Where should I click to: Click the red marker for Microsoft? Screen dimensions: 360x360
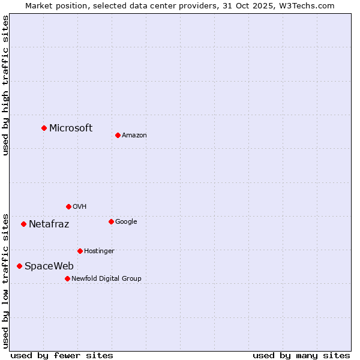click(44, 128)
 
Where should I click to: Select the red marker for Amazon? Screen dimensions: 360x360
click(118, 135)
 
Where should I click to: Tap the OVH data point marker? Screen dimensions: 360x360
click(68, 206)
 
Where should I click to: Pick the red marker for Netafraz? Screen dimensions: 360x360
click(23, 224)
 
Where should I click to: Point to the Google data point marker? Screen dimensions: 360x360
click(111, 221)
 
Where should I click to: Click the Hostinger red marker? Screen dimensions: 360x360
click(80, 251)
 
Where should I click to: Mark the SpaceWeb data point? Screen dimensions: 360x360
click(19, 266)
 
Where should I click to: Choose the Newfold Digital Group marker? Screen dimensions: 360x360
click(67, 278)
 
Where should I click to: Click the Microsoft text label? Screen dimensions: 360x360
click(71, 128)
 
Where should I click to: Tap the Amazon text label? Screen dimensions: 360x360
click(134, 136)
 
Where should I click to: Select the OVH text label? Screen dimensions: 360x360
click(80, 207)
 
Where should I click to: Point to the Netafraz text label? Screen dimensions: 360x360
click(49, 224)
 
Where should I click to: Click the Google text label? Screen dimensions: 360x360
click(126, 222)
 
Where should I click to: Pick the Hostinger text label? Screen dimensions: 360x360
click(99, 251)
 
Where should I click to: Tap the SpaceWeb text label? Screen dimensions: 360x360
click(49, 266)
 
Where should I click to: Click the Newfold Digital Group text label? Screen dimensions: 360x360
click(106, 279)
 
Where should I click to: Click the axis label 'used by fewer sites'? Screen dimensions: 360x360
click(62, 355)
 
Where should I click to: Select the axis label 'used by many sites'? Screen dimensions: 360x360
click(301, 355)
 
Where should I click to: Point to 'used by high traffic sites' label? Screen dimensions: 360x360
click(6, 85)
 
